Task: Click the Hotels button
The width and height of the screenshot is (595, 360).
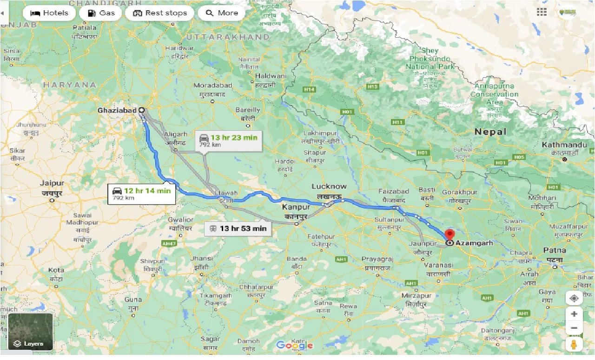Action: coord(49,13)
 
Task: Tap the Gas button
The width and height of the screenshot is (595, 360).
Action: coord(100,13)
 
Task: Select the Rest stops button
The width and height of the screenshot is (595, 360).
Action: coord(160,13)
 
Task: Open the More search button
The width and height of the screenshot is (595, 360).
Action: coord(222,13)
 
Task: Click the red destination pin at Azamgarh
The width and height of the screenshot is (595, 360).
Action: coord(450,234)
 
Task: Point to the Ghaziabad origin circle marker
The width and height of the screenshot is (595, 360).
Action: coord(141,110)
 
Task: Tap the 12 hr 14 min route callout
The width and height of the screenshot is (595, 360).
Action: coord(142,193)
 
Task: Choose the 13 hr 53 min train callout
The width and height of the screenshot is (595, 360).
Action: coord(238,228)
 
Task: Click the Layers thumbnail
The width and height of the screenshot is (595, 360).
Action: coord(31,332)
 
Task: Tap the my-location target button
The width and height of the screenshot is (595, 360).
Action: coord(574,298)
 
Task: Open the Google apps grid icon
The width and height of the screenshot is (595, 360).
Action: coord(542,13)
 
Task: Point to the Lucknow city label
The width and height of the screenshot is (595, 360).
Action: coord(329,187)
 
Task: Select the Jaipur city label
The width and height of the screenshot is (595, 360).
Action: coord(53,183)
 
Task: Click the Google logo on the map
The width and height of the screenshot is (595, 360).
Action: coord(294,345)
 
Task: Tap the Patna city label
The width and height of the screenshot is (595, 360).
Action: coord(555,251)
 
